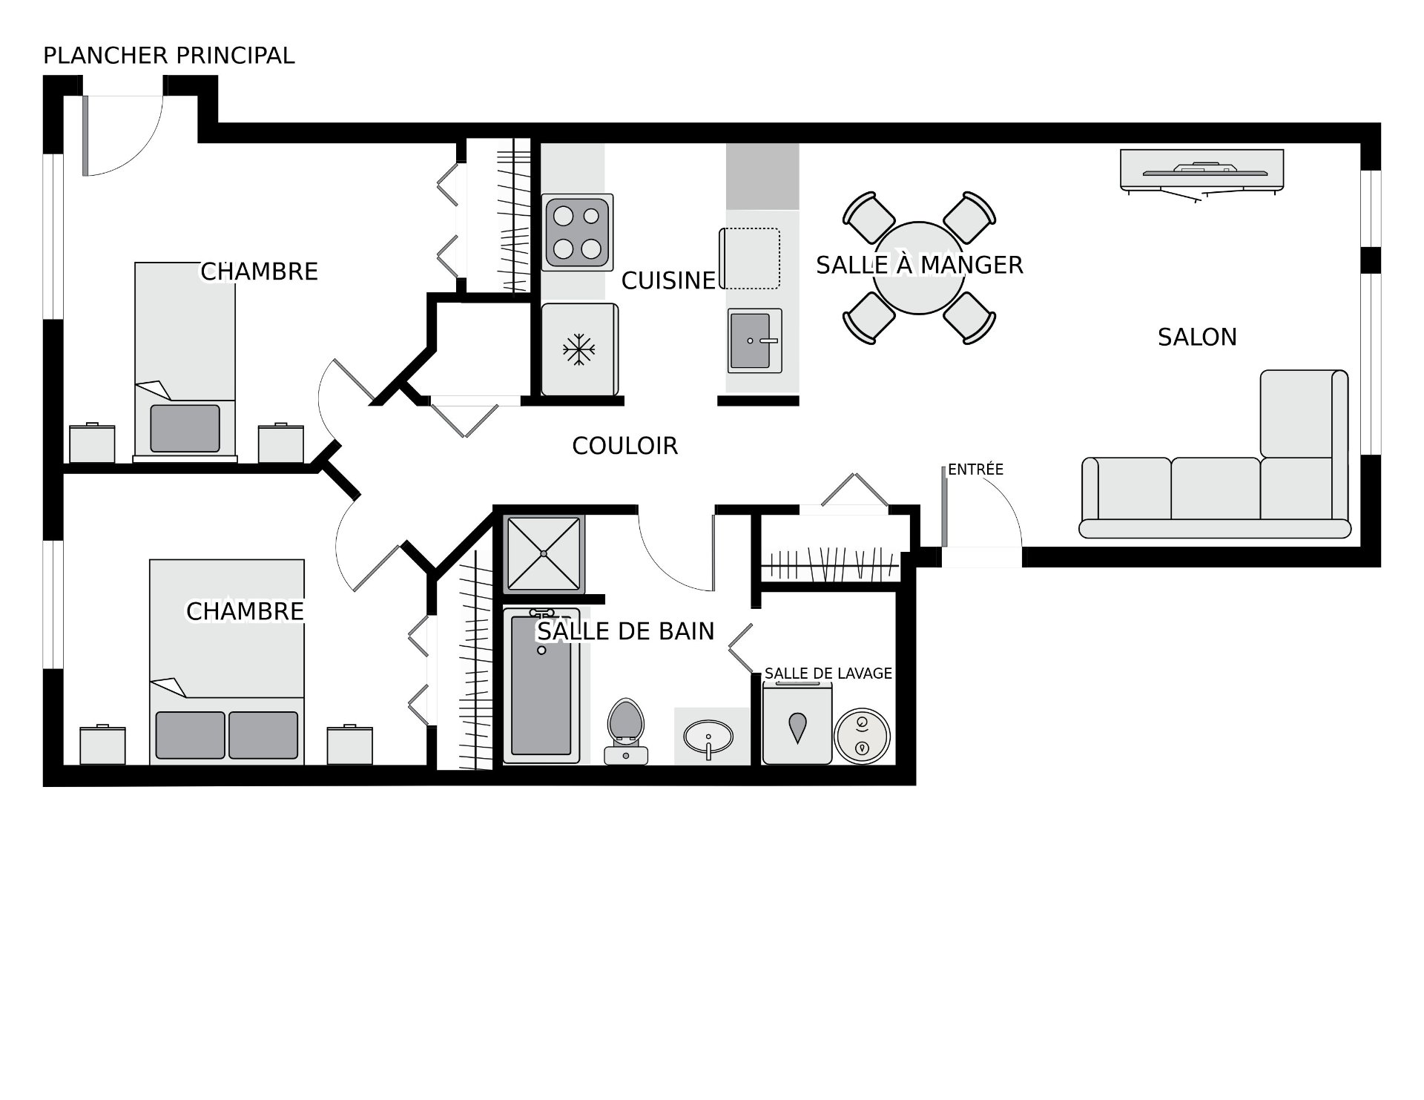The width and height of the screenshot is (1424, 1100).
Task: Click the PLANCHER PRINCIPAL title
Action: pos(169,56)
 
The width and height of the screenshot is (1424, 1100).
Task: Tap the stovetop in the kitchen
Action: pos(578,232)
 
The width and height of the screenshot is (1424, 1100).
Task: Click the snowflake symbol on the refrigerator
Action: pos(579,350)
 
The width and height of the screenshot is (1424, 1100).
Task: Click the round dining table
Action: pos(919,268)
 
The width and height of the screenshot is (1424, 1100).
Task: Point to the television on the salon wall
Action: pos(1201,171)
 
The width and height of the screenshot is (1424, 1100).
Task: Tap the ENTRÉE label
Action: pos(975,470)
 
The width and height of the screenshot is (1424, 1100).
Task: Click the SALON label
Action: pos(1197,337)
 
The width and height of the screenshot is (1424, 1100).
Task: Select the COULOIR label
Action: pos(625,446)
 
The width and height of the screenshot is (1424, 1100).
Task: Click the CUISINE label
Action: pos(668,280)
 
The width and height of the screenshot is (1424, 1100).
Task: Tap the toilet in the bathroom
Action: pos(626,731)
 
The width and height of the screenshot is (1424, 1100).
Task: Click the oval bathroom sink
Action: pos(708,738)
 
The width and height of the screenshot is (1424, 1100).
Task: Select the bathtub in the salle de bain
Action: pos(541,686)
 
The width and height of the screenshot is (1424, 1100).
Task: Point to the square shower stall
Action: pos(544,553)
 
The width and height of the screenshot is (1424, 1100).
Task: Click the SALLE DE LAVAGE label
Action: pos(828,673)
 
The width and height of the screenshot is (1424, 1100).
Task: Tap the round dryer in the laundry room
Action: pos(861,736)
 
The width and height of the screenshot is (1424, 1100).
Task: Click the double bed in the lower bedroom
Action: pos(227,662)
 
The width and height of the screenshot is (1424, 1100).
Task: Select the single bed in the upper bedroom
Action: pos(185,361)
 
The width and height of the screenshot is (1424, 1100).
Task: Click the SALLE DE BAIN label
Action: pos(626,631)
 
